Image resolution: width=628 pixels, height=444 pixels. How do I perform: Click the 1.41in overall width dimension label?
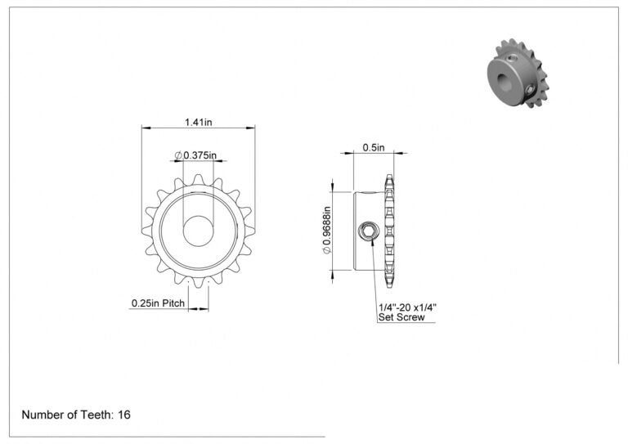[x=198, y=122]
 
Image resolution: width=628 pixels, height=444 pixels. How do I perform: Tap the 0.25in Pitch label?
[x=158, y=303]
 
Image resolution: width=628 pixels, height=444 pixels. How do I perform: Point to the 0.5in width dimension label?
[x=373, y=148]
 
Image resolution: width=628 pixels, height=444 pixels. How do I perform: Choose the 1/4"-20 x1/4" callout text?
[x=407, y=307]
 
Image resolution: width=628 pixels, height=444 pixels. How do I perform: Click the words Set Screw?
[x=401, y=317]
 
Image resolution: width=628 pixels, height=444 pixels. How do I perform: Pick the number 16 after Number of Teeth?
[x=124, y=415]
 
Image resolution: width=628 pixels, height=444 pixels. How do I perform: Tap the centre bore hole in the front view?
[x=198, y=231]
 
